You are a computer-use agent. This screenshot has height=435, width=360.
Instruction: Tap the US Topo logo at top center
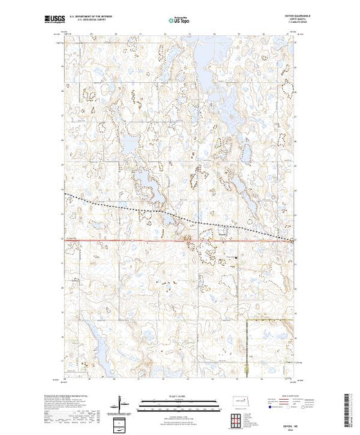click(179, 19)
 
